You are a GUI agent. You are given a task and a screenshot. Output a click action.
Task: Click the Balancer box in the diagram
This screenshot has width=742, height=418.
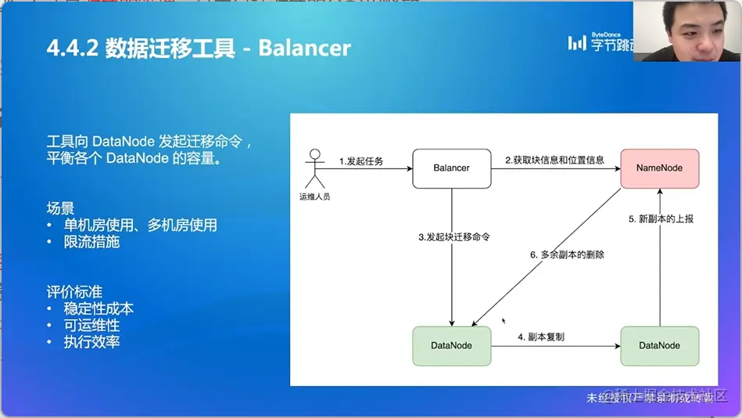pyautogui.click(x=451, y=168)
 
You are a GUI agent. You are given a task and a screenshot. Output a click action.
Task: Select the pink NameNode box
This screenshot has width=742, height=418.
pyautogui.click(x=659, y=168)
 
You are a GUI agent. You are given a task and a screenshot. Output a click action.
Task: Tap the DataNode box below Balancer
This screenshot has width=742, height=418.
pyautogui.click(x=451, y=345)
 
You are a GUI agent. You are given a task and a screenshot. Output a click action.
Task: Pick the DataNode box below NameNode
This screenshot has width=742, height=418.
pyautogui.click(x=659, y=345)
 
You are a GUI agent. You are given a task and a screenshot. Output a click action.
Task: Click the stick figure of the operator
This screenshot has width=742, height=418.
pyautogui.click(x=315, y=167)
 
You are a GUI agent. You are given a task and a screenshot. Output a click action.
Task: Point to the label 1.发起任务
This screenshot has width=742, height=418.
pyautogui.click(x=361, y=161)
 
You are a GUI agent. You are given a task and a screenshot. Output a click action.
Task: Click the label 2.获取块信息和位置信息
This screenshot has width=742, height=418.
pyautogui.click(x=554, y=160)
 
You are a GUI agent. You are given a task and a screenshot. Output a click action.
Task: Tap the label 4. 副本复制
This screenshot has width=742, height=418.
pyautogui.click(x=541, y=337)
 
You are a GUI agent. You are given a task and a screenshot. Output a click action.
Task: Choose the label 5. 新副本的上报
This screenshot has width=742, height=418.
pyautogui.click(x=661, y=219)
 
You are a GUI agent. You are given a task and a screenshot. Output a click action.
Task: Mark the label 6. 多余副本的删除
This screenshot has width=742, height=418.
pyautogui.click(x=567, y=254)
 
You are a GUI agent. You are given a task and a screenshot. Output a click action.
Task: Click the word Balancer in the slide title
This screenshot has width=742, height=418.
pyautogui.click(x=304, y=49)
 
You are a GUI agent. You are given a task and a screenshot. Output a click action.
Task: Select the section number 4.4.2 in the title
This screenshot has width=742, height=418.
pyautogui.click(x=72, y=49)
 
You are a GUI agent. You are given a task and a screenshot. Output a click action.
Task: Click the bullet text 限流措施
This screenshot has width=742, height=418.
pyautogui.click(x=91, y=242)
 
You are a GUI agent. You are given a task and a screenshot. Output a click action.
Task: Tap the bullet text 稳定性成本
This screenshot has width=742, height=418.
pyautogui.click(x=99, y=309)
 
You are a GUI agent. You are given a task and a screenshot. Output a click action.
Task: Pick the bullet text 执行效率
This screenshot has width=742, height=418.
pyautogui.click(x=91, y=342)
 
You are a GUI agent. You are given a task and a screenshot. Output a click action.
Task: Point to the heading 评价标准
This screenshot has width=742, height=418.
pyautogui.click(x=74, y=293)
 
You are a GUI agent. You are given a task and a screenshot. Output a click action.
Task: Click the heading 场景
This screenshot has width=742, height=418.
pyautogui.click(x=60, y=209)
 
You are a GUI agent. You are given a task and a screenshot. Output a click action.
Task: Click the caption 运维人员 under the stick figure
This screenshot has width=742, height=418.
pyautogui.click(x=315, y=196)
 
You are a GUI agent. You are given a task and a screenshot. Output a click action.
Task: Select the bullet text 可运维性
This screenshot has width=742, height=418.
pyautogui.click(x=91, y=326)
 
